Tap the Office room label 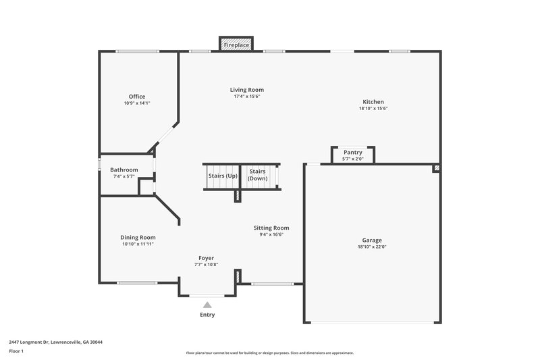tap(137, 97)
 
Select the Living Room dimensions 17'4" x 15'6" tap(246, 97)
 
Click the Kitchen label tap(373, 102)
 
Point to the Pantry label tap(353, 153)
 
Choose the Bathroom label tap(124, 170)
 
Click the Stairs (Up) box tap(222, 176)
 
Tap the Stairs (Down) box tap(257, 175)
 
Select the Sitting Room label tap(271, 228)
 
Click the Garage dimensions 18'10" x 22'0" tap(372, 247)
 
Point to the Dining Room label tap(138, 237)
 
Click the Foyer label tap(206, 258)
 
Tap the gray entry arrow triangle tap(207, 305)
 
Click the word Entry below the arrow tap(207, 315)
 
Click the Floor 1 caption tap(16, 352)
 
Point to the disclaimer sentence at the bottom tap(270, 353)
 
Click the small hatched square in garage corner tap(437, 168)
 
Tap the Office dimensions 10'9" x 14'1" tap(137, 103)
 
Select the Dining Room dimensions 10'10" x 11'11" tap(138, 244)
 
